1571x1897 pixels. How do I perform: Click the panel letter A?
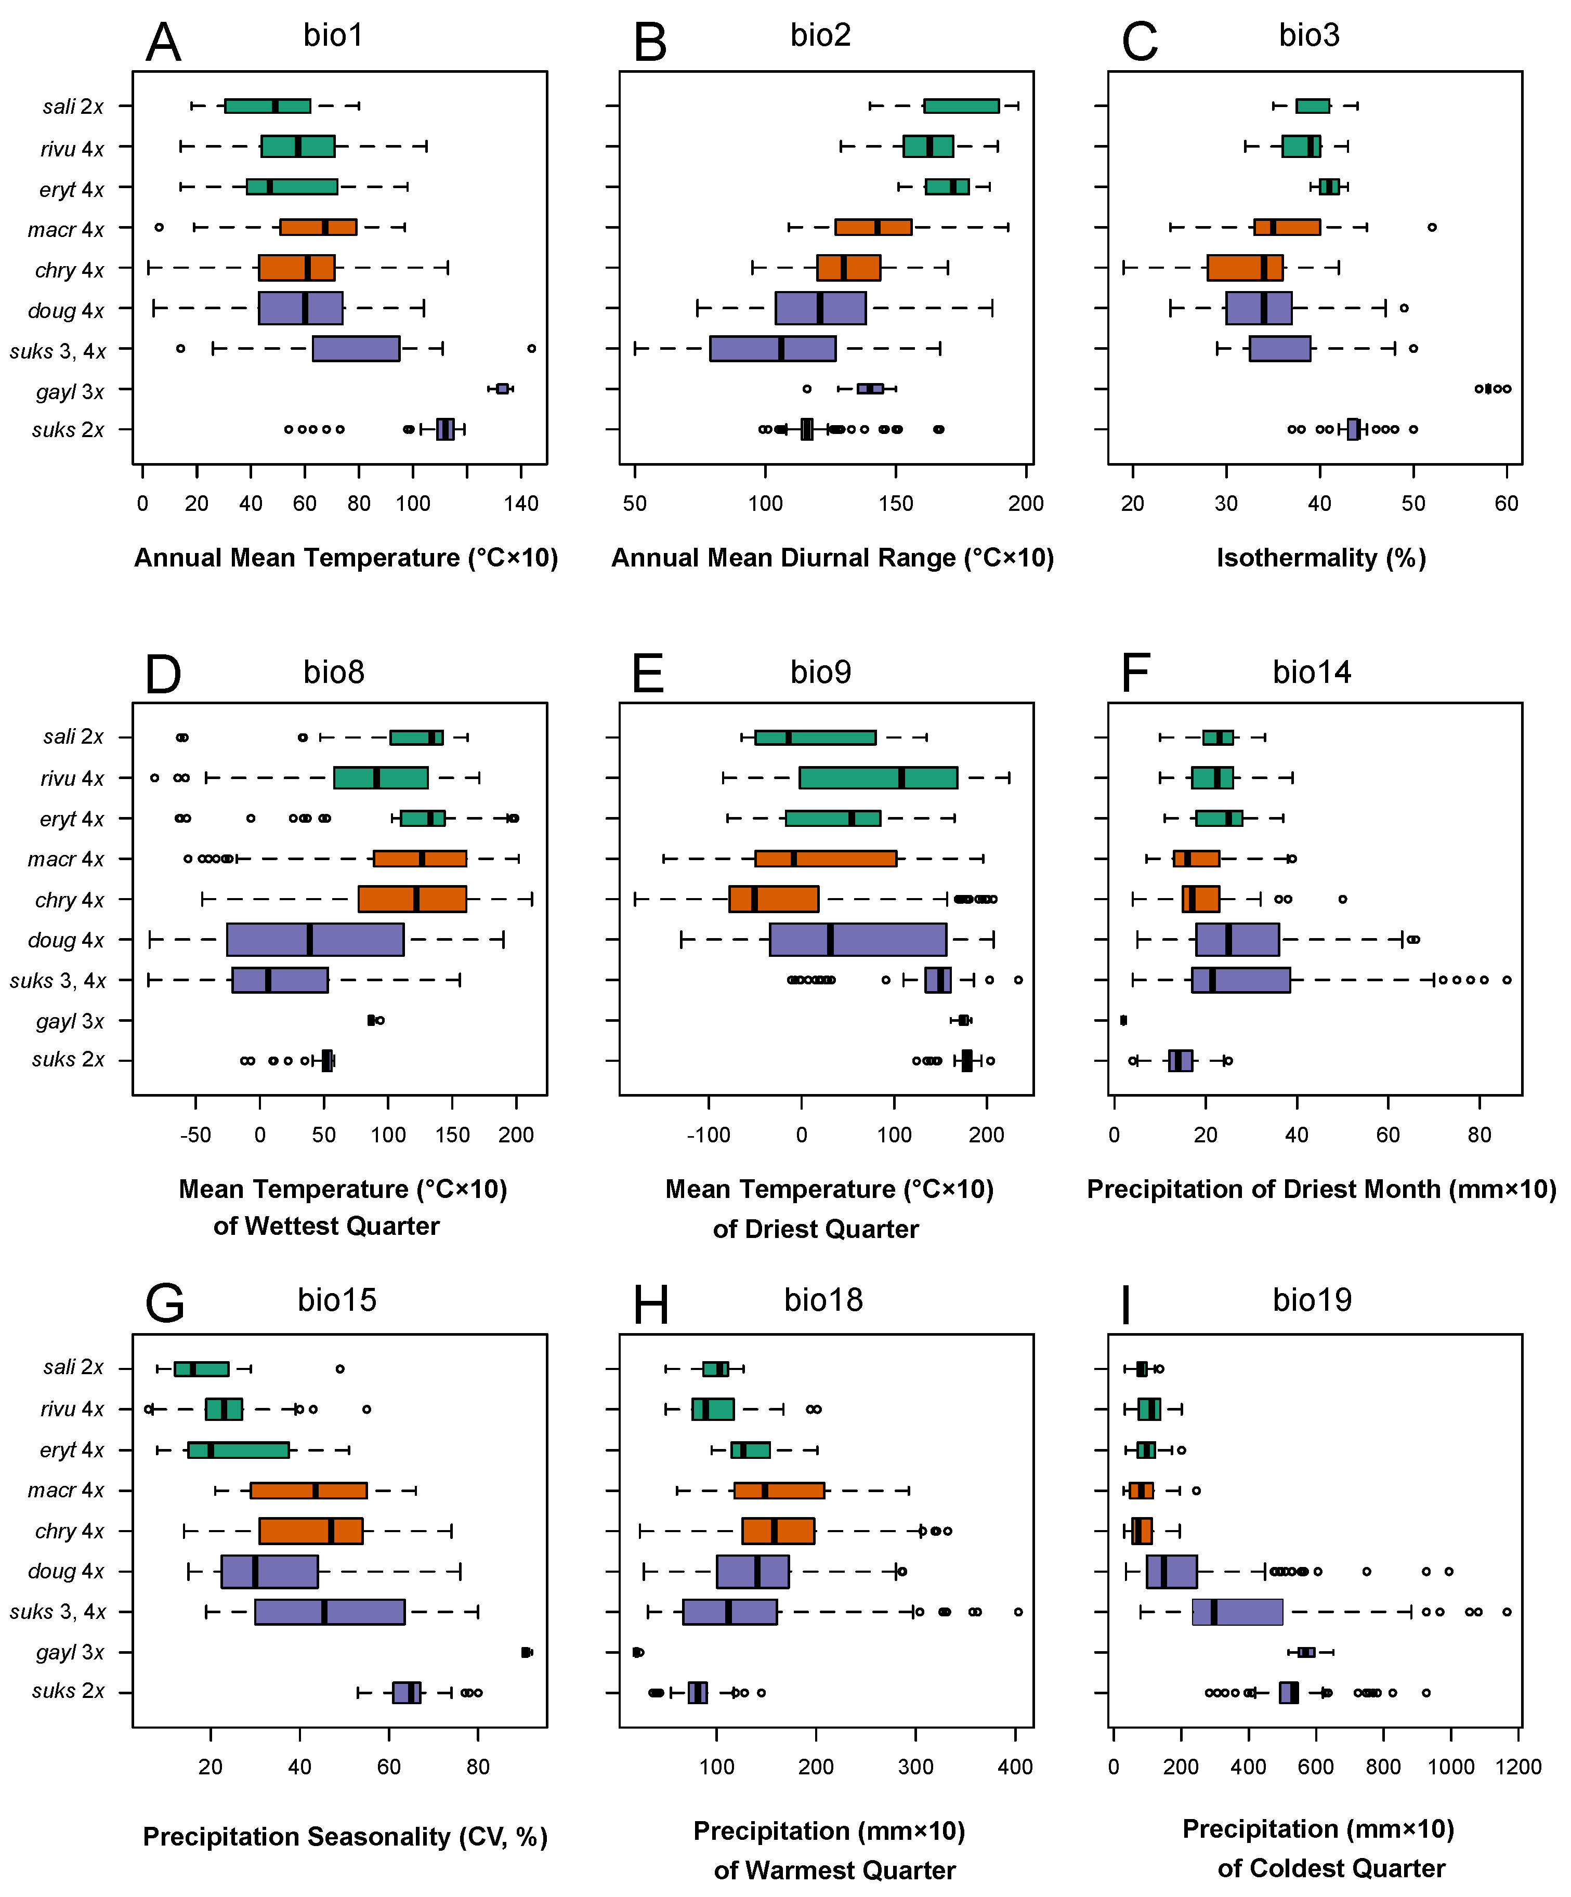[164, 43]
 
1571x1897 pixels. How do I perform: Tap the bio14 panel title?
[1312, 672]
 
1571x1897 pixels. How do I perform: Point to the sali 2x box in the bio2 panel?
[961, 106]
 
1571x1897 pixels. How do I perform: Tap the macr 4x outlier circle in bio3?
[1432, 227]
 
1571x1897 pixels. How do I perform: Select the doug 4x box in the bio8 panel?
[315, 940]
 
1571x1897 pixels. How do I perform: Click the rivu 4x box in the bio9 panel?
[878, 778]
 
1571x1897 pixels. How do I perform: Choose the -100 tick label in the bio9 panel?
[708, 1135]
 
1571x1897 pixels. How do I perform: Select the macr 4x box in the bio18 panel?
[779, 1491]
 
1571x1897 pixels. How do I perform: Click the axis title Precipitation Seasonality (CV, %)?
[345, 1837]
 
